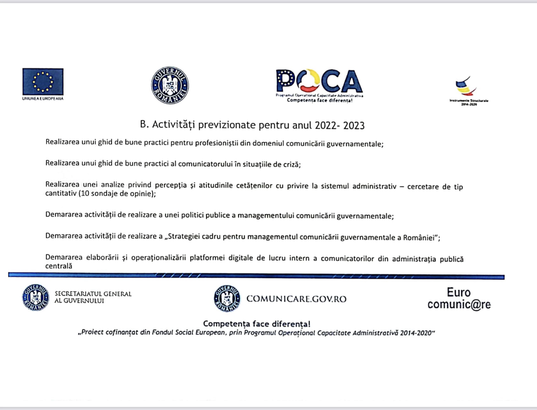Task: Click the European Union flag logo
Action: (43, 81)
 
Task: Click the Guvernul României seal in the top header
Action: (170, 85)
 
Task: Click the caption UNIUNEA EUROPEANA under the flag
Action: (43, 98)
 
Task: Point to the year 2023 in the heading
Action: (354, 125)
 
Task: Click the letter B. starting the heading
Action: (144, 124)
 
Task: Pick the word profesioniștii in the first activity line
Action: (217, 143)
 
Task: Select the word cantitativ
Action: (61, 194)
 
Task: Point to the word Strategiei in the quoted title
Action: (184, 237)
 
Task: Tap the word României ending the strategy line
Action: (419, 238)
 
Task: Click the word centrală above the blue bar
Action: (59, 266)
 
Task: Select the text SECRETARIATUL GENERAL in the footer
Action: (93, 293)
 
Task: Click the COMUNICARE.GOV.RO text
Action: (296, 299)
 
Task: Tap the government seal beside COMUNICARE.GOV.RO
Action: (227, 299)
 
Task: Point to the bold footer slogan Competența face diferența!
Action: (257, 324)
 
